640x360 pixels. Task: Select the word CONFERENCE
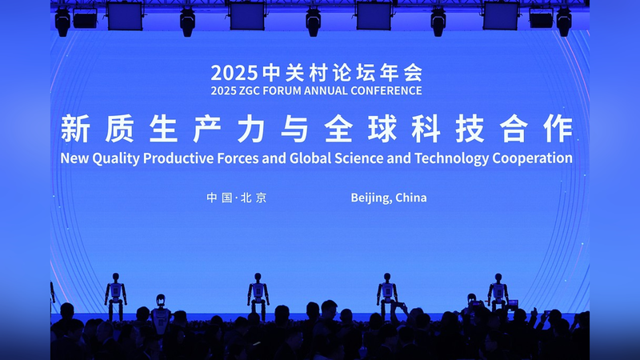pyautogui.click(x=386, y=90)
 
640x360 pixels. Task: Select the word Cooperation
pyautogui.click(x=534, y=158)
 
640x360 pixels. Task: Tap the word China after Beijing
pyautogui.click(x=410, y=198)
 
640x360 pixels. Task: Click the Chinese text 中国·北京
pyautogui.click(x=237, y=198)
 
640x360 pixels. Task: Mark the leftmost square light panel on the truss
pyautogui.click(x=124, y=15)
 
